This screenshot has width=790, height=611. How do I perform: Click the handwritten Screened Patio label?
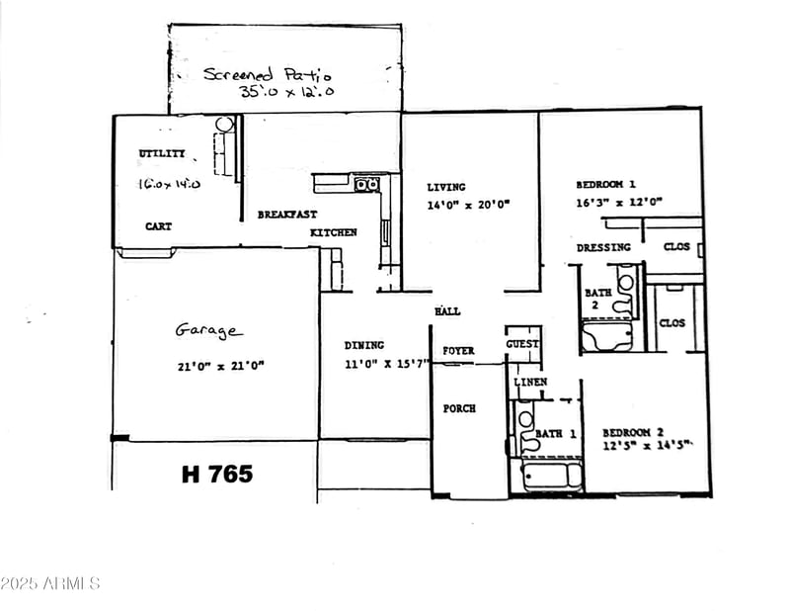pyautogui.click(x=268, y=74)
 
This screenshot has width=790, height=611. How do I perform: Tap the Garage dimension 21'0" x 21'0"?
pyautogui.click(x=220, y=366)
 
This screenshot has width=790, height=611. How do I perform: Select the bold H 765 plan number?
pyautogui.click(x=217, y=474)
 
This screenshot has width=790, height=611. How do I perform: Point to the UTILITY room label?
pyautogui.click(x=161, y=154)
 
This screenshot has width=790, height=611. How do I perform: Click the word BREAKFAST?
pyautogui.click(x=287, y=215)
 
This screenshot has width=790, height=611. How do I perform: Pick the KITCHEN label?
pyautogui.click(x=334, y=232)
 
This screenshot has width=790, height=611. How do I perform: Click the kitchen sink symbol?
pyautogui.click(x=367, y=184)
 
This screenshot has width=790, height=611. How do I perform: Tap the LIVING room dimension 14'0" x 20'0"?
pyautogui.click(x=467, y=206)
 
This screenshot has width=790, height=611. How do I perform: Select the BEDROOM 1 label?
pyautogui.click(x=605, y=184)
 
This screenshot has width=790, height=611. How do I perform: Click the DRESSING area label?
pyautogui.click(x=603, y=247)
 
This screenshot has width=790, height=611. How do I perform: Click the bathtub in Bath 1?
pyautogui.click(x=552, y=476)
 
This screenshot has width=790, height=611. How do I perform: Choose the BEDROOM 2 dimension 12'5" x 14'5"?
pyautogui.click(x=647, y=446)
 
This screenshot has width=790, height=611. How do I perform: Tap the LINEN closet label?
pyautogui.click(x=530, y=382)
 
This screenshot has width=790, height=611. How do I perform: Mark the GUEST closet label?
pyautogui.click(x=522, y=344)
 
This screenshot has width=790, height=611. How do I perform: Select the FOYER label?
pyautogui.click(x=458, y=351)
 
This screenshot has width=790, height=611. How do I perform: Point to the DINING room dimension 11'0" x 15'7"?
pyautogui.click(x=386, y=362)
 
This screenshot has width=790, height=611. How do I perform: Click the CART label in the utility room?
pyautogui.click(x=158, y=226)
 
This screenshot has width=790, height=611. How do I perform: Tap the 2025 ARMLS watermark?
pyautogui.click(x=50, y=583)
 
